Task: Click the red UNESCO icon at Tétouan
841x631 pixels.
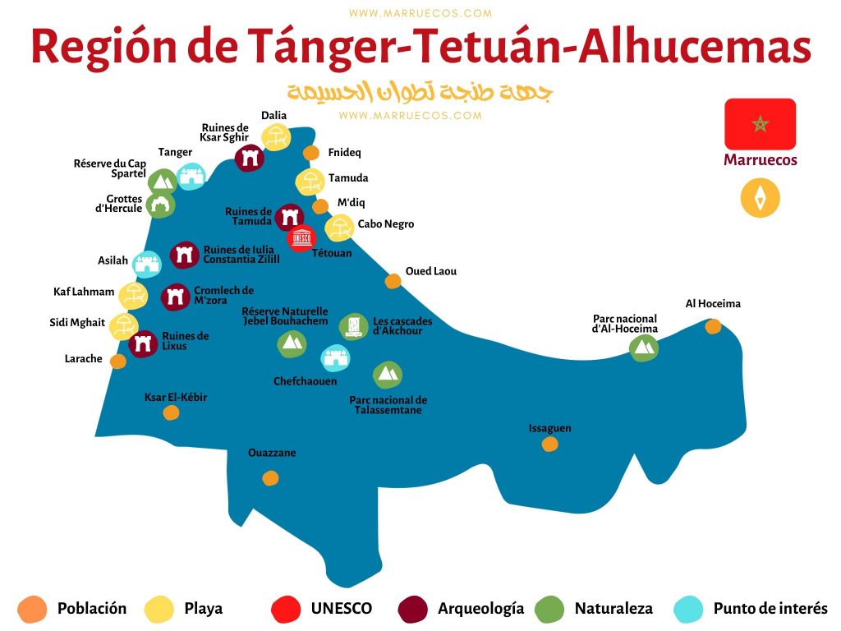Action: click(302, 238)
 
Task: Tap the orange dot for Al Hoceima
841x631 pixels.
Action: click(713, 326)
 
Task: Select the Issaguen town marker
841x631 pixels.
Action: click(549, 444)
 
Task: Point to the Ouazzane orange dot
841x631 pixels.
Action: click(270, 478)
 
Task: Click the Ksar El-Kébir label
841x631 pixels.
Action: click(176, 398)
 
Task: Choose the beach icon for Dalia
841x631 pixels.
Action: click(276, 139)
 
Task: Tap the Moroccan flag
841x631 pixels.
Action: click(760, 124)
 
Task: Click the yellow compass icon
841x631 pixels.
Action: click(760, 198)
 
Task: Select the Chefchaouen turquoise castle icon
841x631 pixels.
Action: click(335, 358)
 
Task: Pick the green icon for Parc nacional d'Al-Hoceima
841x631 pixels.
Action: click(644, 348)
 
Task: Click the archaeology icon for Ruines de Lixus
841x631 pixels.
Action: click(144, 344)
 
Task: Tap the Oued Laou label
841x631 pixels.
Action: click(431, 271)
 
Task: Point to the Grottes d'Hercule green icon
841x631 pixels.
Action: click(160, 205)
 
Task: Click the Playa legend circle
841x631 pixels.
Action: click(159, 609)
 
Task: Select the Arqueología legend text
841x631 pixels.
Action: click(480, 609)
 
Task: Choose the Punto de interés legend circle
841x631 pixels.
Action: click(688, 609)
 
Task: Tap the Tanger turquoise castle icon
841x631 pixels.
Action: click(191, 176)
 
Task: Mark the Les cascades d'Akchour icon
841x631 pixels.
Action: click(354, 326)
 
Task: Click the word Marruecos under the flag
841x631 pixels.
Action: click(760, 160)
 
